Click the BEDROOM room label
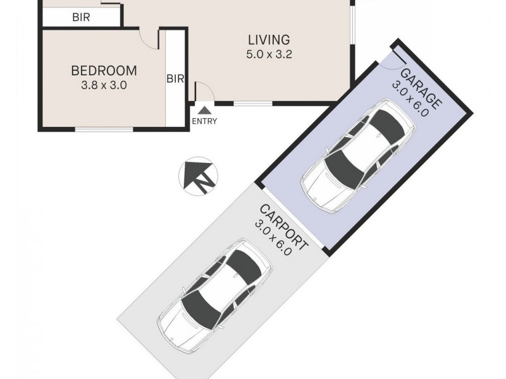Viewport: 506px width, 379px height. [103, 70]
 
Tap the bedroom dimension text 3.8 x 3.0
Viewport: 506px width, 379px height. [103, 85]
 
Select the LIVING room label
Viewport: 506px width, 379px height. [268, 40]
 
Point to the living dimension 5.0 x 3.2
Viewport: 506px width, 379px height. [268, 54]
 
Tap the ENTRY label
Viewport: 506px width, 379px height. [204, 121]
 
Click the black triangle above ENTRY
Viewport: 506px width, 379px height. [204, 111]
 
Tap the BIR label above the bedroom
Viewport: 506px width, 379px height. [81, 18]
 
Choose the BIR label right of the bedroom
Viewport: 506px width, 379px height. [175, 79]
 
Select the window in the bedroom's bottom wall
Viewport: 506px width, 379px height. [104, 129]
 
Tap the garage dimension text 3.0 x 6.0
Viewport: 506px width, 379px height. [411, 100]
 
